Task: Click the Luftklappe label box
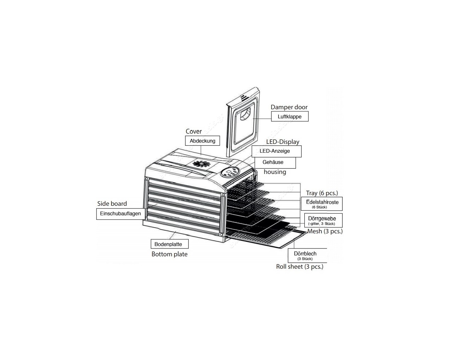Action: tap(289, 116)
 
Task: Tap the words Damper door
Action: tap(289, 107)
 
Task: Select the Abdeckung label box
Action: tap(202, 141)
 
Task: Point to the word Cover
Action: tap(194, 132)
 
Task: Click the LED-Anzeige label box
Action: tap(276, 151)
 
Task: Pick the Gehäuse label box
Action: tap(275, 163)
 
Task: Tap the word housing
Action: tap(275, 172)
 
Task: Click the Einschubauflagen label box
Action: tap(121, 214)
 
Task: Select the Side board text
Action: tap(112, 204)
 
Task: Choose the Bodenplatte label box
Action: tap(170, 244)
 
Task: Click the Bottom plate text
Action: tap(170, 254)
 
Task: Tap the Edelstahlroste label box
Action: tap(321, 204)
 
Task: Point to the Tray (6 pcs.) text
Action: tap(322, 193)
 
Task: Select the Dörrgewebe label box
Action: tap(323, 220)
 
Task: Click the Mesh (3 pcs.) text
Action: tap(325, 231)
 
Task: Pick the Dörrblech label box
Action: tap(307, 255)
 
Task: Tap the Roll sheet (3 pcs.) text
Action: tap(299, 267)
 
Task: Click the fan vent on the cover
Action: tap(201, 164)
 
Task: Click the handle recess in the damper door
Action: tap(246, 115)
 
